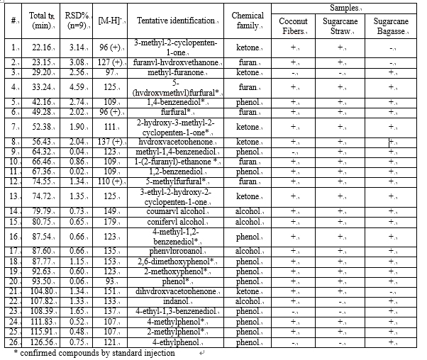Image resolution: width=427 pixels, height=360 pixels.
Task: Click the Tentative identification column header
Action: [177, 20]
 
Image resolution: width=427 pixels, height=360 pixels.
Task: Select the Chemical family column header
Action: [248, 20]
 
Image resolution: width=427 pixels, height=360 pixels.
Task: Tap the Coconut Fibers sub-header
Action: [293, 26]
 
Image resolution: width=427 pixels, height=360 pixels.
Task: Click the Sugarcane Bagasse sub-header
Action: [391, 26]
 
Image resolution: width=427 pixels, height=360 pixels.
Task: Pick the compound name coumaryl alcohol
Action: [177, 210]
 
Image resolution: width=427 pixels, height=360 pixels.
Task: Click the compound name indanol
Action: [177, 301]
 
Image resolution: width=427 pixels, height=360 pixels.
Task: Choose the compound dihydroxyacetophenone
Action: [177, 291]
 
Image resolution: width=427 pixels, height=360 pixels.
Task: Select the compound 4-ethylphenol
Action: [177, 341]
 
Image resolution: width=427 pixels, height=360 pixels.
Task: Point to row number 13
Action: [14, 196]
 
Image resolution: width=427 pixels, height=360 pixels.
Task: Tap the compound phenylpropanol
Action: [177, 251]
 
